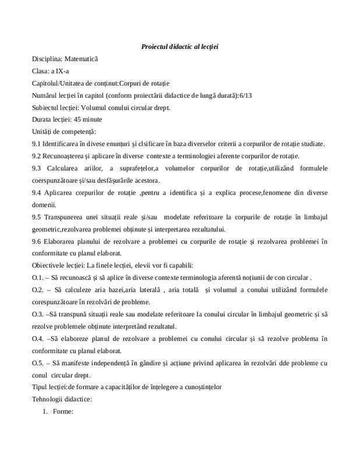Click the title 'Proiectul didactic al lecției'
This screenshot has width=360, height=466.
179,46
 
